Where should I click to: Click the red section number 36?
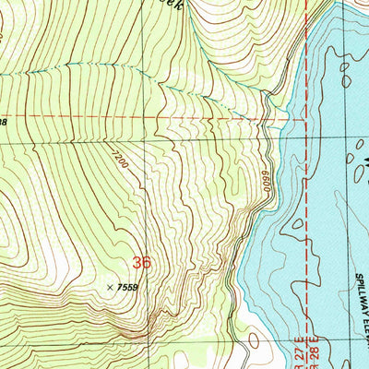pyautogui.click(x=140, y=263)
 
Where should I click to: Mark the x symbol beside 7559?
pyautogui.click(x=112, y=288)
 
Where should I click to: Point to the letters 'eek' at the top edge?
pyautogui.click(x=140, y=5)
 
